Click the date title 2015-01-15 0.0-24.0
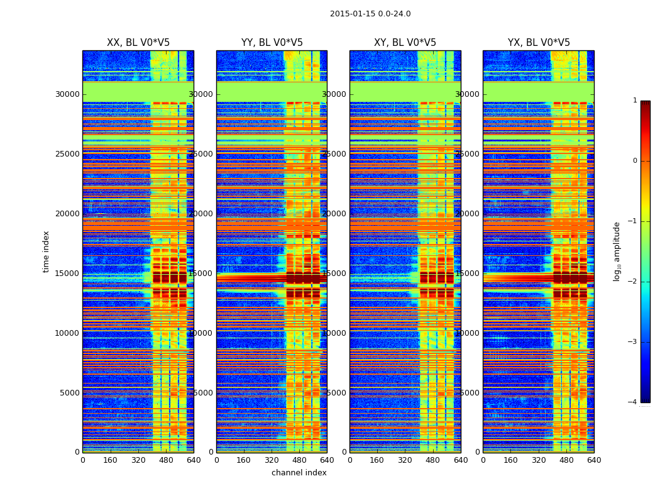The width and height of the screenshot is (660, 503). point(370,14)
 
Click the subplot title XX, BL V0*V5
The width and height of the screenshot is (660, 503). point(138,43)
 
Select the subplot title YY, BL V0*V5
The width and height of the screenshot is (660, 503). point(272,43)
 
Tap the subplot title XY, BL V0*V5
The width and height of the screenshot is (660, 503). point(405,43)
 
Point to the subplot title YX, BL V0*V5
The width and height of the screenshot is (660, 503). point(539,43)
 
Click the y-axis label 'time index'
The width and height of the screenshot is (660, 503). point(46,251)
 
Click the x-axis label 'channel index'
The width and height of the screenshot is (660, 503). point(299,473)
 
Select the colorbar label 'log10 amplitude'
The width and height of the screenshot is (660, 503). point(617,251)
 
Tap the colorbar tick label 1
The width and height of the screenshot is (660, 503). point(635,101)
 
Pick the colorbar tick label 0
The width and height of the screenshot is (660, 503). point(635,161)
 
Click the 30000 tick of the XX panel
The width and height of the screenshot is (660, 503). point(67,94)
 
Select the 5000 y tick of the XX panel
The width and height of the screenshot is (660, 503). point(69,393)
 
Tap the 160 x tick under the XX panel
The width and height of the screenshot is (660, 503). point(111,460)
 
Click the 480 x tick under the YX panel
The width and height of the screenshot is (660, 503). point(566,460)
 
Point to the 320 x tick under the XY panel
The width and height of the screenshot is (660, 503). point(405,460)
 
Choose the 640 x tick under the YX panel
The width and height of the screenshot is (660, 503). point(594,460)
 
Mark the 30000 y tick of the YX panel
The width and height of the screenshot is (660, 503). point(468,94)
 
